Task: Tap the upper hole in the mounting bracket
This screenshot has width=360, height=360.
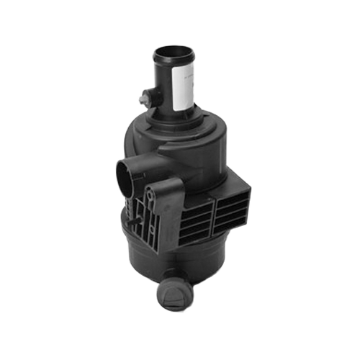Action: pyautogui.click(x=152, y=194)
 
